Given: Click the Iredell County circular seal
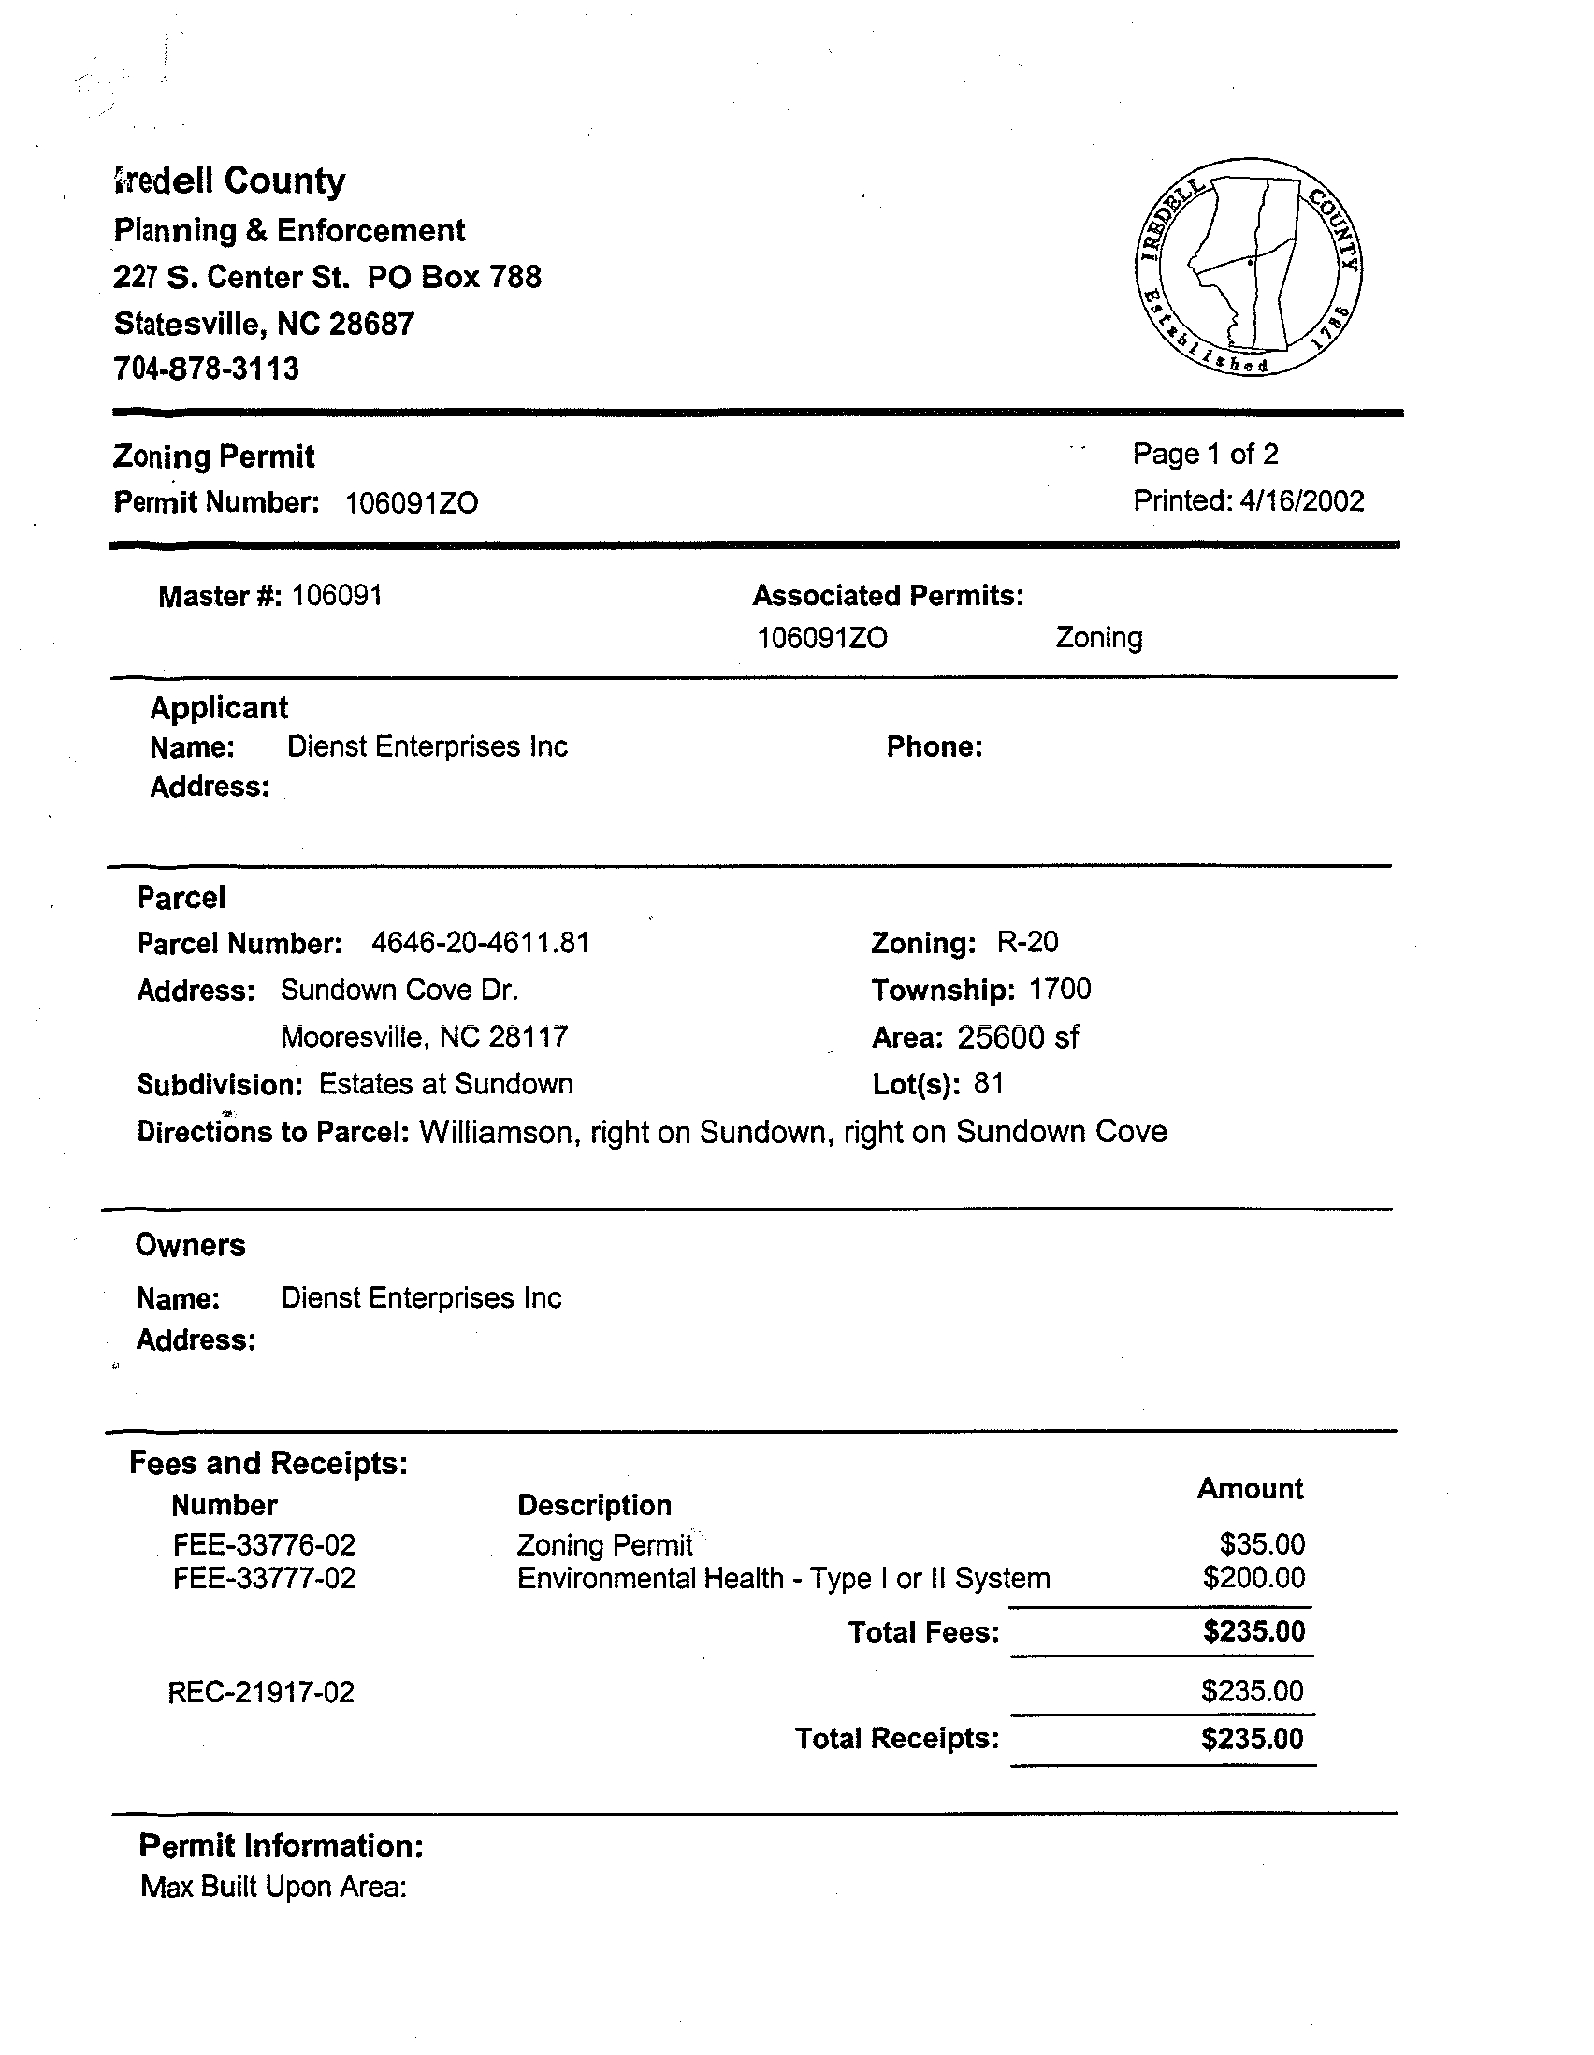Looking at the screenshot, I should tap(1250, 268).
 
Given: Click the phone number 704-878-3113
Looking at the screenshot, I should tap(206, 368).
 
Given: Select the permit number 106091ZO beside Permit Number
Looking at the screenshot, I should tap(412, 503).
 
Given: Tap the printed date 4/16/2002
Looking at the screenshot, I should tap(1301, 500).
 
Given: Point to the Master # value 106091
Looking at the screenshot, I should tap(337, 596).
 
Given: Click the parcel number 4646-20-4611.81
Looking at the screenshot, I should tap(481, 943).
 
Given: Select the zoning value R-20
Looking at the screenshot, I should tap(1027, 942).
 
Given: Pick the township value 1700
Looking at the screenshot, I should tap(1060, 989).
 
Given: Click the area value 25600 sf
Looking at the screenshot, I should tap(1018, 1037).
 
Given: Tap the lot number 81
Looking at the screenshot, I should tap(989, 1084).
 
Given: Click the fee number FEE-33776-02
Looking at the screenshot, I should tap(265, 1545).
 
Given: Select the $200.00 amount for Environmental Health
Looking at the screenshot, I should tap(1253, 1577).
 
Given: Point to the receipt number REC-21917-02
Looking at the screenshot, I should tap(262, 1693).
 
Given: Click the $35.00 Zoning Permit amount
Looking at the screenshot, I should tap(1262, 1544).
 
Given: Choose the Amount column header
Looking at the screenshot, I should tap(1250, 1488).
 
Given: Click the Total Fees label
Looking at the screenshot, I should tap(923, 1631).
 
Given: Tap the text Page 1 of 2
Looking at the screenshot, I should tap(1206, 455).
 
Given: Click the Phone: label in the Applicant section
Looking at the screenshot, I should tap(935, 747).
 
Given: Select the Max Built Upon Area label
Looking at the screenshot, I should tap(273, 1887).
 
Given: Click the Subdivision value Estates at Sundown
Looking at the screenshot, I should tap(446, 1084).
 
